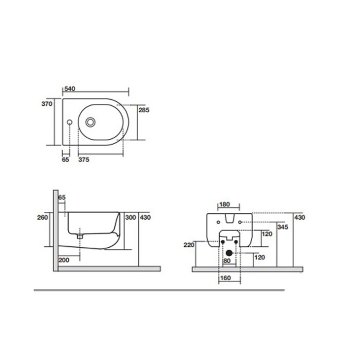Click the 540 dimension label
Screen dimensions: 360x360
tap(69, 89)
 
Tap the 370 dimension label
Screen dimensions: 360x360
tap(48, 104)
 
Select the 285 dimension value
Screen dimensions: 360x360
tap(145, 110)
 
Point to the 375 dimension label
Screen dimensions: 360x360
tap(83, 160)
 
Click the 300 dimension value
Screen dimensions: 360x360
tap(130, 217)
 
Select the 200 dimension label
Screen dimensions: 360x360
tap(64, 259)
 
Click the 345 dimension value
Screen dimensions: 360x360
tap(283, 227)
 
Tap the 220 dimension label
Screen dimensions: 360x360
tap(188, 244)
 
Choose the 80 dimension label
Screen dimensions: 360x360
tap(227, 260)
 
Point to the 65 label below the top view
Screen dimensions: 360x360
tap(65, 160)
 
